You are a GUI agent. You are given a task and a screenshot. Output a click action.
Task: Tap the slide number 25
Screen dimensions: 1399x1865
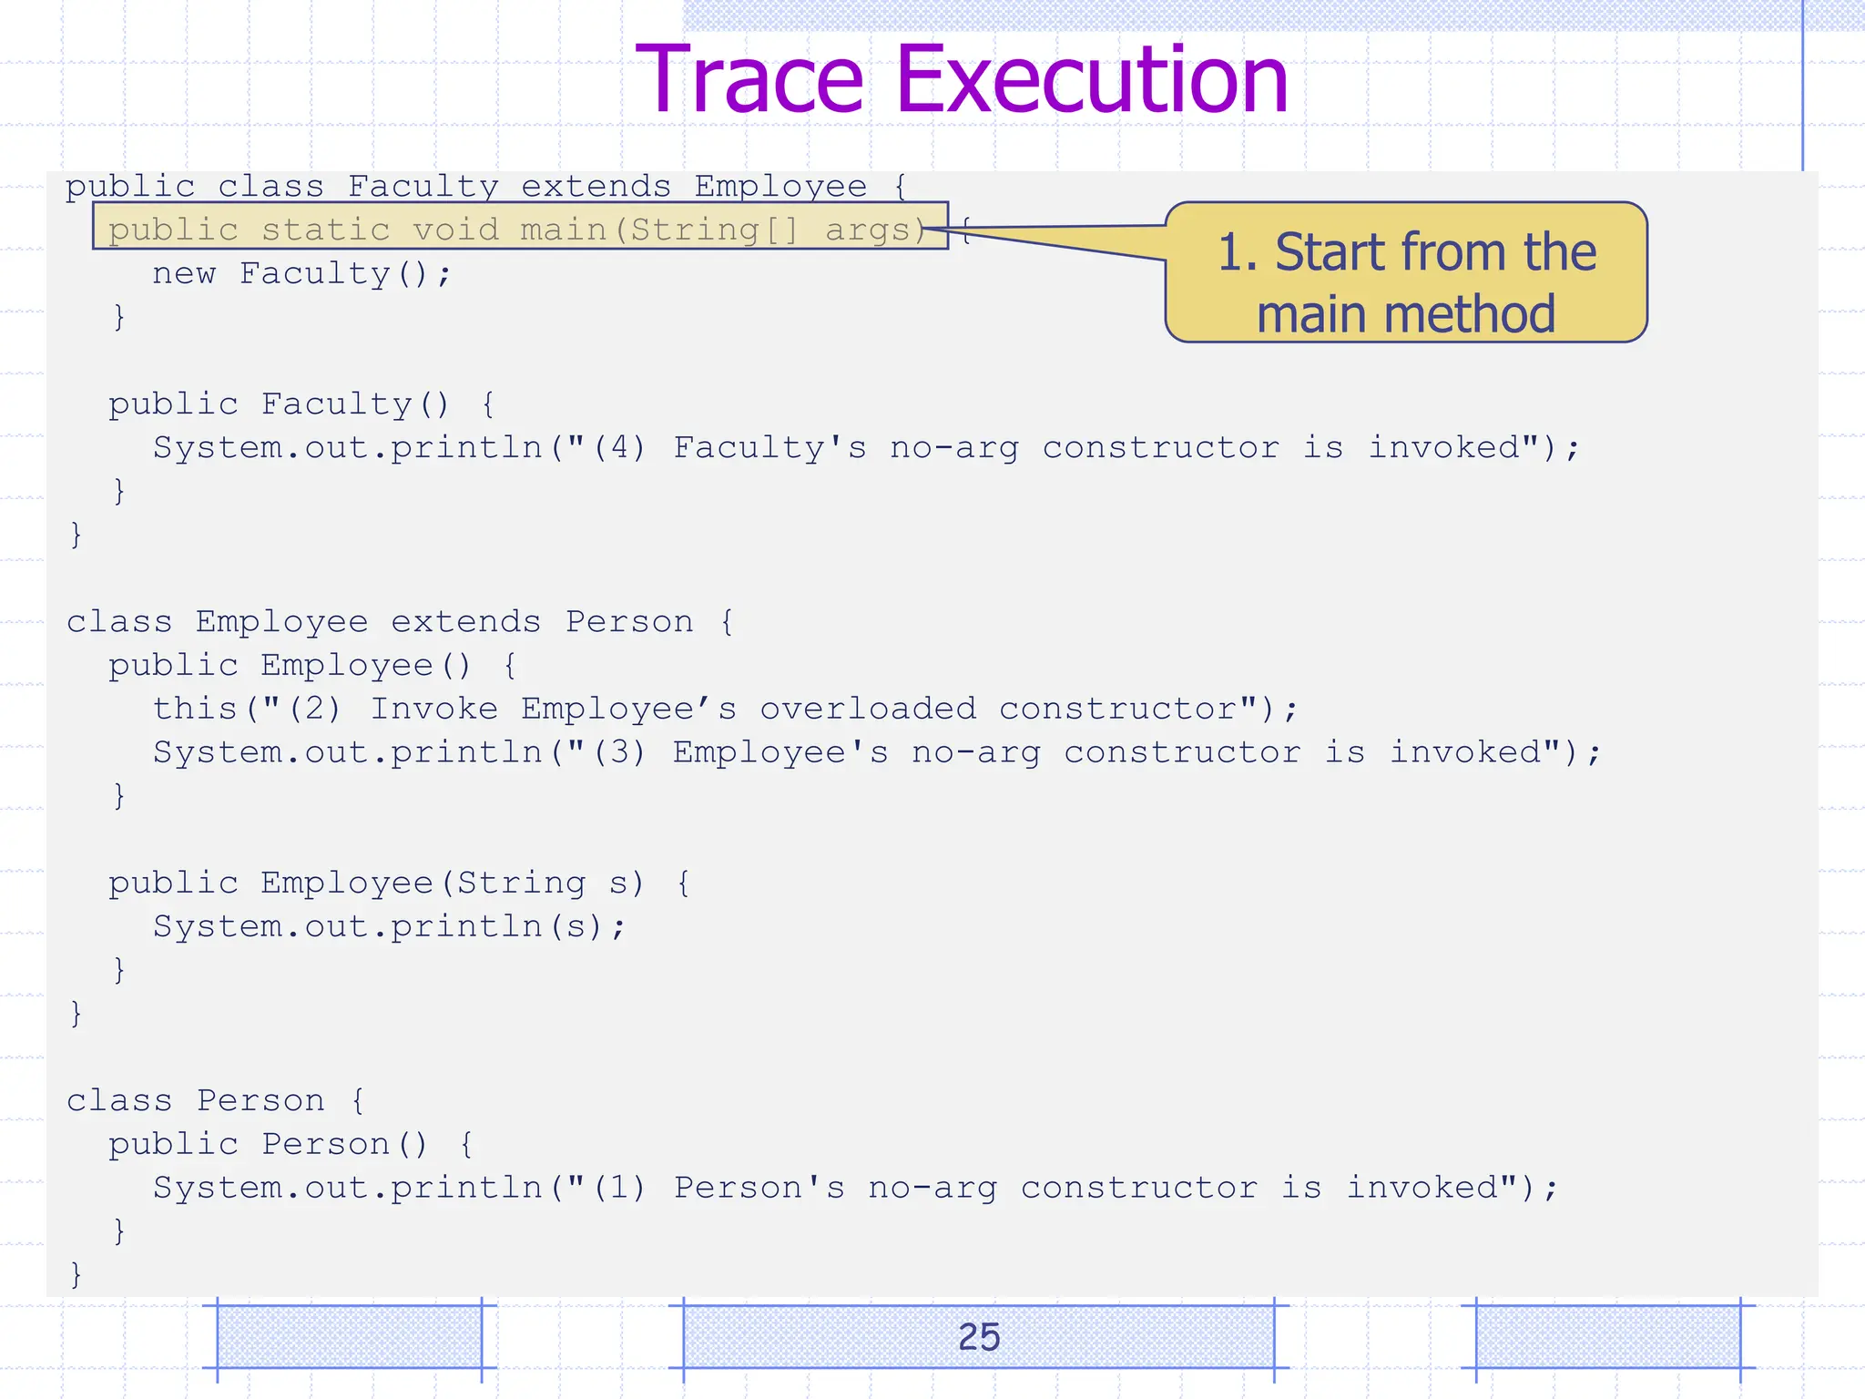[979, 1336]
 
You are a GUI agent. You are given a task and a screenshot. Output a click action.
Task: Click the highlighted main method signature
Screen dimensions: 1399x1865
[519, 229]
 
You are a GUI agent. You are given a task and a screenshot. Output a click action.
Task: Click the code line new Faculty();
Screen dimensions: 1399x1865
[301, 273]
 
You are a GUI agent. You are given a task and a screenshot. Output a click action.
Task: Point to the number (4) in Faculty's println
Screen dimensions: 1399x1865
[619, 447]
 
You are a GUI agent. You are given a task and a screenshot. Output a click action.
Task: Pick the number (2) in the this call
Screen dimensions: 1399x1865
[315, 709]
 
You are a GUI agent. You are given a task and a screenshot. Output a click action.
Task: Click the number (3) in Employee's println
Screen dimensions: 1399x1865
[619, 752]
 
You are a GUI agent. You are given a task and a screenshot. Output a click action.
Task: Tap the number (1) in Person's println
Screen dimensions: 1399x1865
[619, 1188]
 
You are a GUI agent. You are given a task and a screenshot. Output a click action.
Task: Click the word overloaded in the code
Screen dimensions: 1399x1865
[868, 709]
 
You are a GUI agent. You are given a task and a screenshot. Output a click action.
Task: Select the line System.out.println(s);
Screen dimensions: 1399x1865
[390, 926]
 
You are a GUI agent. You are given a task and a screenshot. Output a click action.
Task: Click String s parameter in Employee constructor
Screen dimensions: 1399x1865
[543, 883]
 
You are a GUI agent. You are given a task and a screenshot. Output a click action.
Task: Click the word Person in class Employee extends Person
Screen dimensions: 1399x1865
[629, 622]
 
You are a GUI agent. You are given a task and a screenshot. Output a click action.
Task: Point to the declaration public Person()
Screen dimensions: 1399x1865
[268, 1144]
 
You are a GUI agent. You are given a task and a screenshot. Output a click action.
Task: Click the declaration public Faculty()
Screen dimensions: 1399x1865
[279, 403]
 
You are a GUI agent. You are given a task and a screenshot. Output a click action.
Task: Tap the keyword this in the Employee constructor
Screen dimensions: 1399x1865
[195, 709]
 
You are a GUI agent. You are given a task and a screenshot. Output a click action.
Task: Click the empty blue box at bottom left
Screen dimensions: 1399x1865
[349, 1336]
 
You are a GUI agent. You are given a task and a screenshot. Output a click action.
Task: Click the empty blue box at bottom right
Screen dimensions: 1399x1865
[1607, 1336]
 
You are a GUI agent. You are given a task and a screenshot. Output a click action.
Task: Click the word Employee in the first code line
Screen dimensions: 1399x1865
[780, 187]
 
